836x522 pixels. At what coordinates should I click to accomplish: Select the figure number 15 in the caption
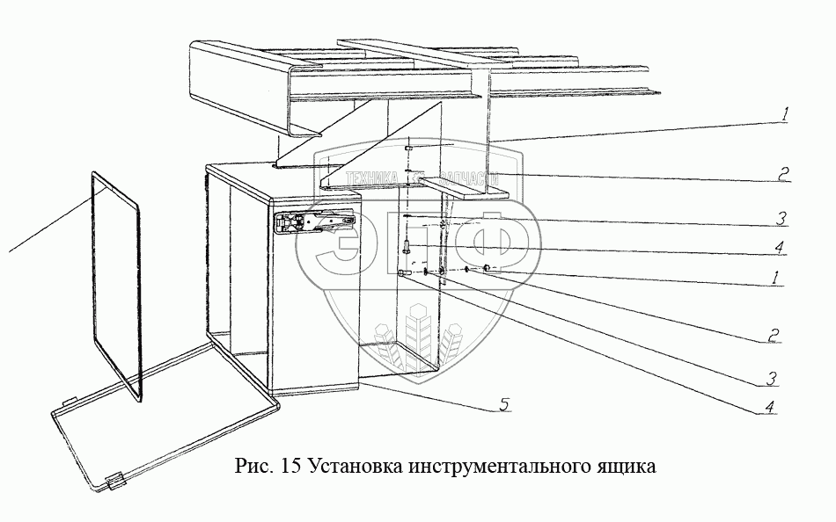pos(291,465)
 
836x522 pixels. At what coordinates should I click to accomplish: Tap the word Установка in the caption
pos(353,465)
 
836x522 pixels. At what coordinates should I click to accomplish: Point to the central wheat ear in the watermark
pos(419,338)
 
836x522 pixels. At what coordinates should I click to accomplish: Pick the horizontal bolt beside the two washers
pos(406,274)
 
